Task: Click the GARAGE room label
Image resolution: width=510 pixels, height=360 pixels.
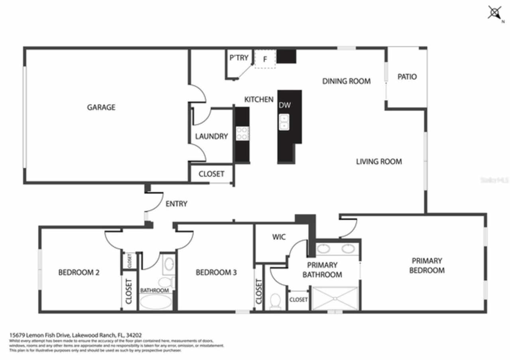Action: tap(101, 107)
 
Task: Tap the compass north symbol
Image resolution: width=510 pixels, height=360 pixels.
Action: tap(494, 13)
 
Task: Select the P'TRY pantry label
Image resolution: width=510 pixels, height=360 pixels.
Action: tap(239, 58)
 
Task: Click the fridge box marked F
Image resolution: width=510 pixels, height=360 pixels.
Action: tap(265, 59)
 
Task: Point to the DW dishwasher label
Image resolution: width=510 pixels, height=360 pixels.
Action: tap(284, 105)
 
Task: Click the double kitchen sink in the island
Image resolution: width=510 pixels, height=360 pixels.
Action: tap(284, 121)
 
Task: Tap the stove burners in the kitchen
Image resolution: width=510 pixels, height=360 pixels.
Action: tap(242, 133)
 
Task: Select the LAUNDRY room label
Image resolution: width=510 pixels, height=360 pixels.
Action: tap(211, 136)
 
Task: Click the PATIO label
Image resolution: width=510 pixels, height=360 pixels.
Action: tap(407, 76)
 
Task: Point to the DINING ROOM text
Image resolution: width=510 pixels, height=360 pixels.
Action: tap(346, 81)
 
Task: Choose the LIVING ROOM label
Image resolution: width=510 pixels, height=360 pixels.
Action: tap(379, 161)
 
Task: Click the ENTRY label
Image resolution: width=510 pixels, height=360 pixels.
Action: tap(176, 204)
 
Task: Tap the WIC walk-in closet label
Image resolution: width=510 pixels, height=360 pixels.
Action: tap(279, 237)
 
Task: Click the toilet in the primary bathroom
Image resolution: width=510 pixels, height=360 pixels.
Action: tap(274, 301)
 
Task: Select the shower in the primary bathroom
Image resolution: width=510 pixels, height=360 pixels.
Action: tap(335, 297)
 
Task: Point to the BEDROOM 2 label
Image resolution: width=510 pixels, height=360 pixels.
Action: tap(78, 272)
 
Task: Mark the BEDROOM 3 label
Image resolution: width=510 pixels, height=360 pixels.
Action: tap(216, 272)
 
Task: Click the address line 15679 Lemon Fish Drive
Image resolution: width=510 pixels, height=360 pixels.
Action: tap(75, 335)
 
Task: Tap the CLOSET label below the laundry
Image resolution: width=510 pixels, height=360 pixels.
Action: tap(211, 174)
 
